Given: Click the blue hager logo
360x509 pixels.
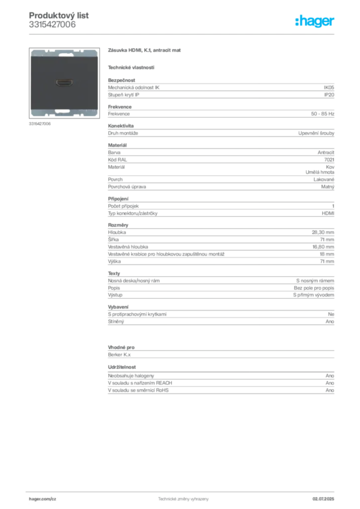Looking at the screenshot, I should (315, 21).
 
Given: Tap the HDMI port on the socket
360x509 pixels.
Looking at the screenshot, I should (64, 82).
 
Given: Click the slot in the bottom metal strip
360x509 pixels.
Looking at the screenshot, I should (64, 111).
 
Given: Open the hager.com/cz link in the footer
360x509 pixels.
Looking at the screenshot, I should (42, 499).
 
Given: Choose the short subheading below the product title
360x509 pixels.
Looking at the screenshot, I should (131, 68).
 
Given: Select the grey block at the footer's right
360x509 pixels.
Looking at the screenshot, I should (327, 497).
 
